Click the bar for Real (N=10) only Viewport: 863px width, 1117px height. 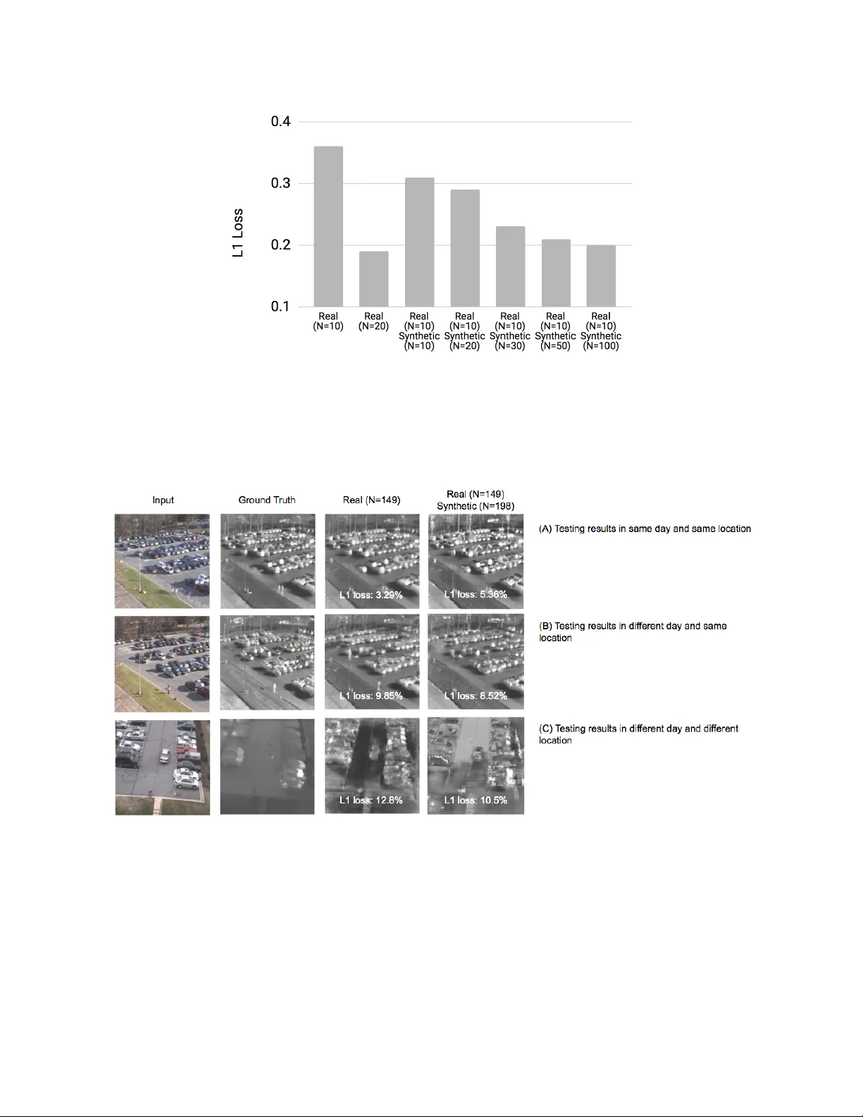click(328, 226)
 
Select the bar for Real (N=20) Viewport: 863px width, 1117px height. click(373, 279)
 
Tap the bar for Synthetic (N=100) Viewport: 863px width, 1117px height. click(601, 276)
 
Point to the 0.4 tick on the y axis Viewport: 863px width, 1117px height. click(280, 122)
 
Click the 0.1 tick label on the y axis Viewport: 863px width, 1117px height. click(280, 307)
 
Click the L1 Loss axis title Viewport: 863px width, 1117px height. click(238, 233)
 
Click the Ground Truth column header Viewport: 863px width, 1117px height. click(267, 500)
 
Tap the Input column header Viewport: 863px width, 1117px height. click(163, 500)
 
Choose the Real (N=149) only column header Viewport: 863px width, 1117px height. click(371, 500)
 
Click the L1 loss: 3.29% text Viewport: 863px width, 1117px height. click(371, 595)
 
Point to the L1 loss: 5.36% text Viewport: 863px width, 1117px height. click(476, 594)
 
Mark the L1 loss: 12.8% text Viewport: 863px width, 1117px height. click(371, 800)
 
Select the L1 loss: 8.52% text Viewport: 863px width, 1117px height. click(476, 696)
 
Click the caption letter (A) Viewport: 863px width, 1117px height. click(545, 529)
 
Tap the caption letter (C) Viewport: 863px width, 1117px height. click(545, 729)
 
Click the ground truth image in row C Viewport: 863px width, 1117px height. click(267, 766)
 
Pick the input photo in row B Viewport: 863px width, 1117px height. click(162, 663)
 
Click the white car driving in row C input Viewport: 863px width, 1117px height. click(165, 755)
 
